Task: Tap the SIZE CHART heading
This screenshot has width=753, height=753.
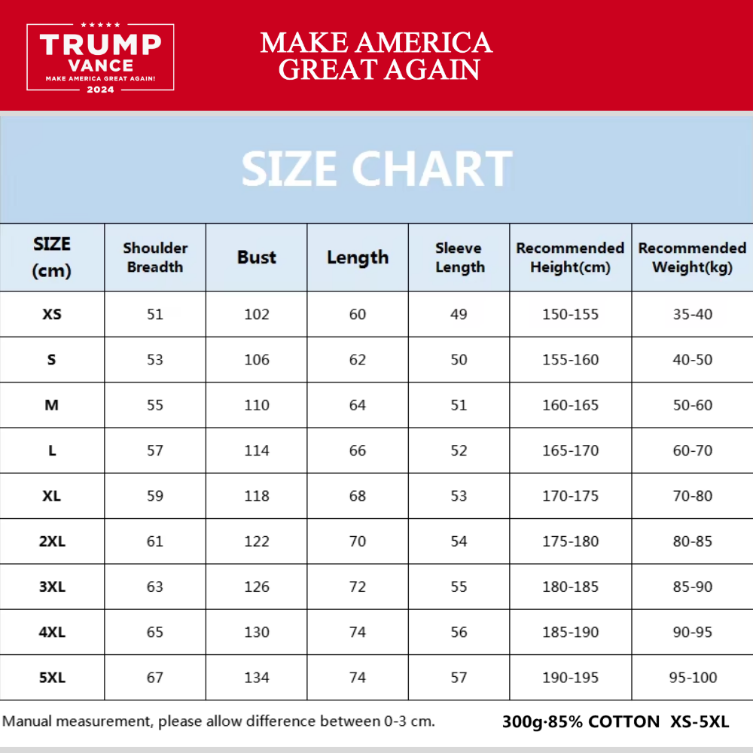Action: point(376,169)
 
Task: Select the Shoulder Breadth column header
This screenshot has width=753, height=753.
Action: point(155,258)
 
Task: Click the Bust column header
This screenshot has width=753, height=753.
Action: point(257,258)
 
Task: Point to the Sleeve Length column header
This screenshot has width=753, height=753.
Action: point(459,258)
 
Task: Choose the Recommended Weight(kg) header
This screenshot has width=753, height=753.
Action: point(692,258)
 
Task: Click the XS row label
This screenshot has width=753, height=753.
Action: point(52,314)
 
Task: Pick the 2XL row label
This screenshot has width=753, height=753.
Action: point(52,541)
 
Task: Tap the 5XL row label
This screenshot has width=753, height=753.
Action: point(52,678)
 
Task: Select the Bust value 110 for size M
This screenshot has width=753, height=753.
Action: point(257,405)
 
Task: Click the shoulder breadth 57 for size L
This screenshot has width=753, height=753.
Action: point(155,450)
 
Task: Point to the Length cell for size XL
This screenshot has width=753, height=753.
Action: point(358,496)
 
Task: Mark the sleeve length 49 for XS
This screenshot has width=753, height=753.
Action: point(459,314)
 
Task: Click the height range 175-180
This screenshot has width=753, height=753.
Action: point(571,541)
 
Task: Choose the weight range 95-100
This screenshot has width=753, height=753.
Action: point(693,678)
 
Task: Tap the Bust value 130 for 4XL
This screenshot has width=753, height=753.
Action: point(257,633)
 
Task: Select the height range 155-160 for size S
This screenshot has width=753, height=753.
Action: point(571,360)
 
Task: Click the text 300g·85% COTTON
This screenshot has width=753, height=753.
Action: point(581,722)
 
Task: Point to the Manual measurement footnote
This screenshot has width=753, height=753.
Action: point(219,721)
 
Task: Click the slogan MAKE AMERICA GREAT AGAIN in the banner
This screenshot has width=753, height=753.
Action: point(376,56)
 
